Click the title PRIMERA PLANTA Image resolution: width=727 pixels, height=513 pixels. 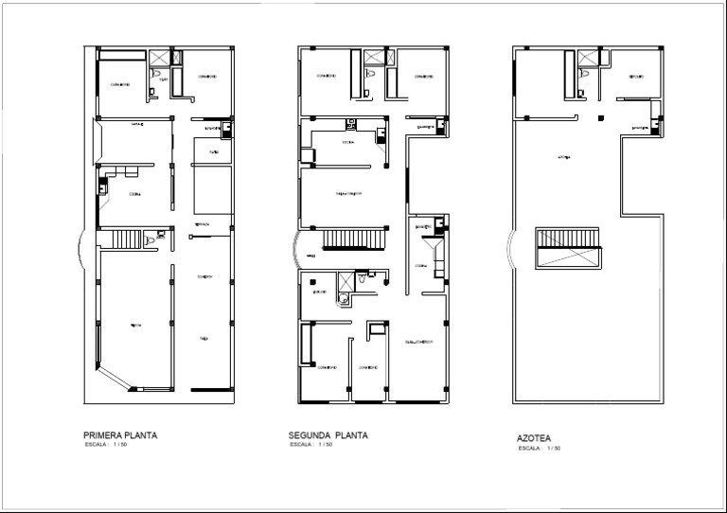(120, 435)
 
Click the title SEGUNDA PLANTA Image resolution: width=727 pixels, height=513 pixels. (328, 435)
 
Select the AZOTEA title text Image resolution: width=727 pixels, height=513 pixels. (534, 439)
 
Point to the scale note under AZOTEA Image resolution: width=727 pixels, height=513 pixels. (540, 449)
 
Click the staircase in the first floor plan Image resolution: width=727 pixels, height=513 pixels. (125, 239)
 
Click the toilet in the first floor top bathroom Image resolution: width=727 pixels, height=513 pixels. (163, 74)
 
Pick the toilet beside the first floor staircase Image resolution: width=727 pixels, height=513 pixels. (161, 233)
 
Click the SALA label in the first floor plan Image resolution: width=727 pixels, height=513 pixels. (203, 337)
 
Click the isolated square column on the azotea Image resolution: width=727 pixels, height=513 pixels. (598, 117)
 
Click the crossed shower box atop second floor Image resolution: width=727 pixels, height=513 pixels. (371, 56)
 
